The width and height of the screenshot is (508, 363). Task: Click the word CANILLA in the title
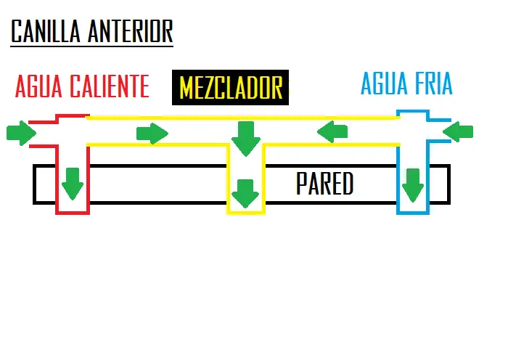[45, 31]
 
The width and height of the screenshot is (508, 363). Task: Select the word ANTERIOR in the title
[130, 31]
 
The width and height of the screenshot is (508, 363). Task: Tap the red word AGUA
[38, 86]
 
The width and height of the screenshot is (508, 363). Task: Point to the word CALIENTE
[110, 86]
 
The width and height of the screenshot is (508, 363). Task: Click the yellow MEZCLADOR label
[231, 88]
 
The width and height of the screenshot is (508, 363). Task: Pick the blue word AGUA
[384, 83]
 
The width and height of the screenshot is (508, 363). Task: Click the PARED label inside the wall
[324, 184]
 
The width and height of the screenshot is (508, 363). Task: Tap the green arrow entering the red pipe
[21, 133]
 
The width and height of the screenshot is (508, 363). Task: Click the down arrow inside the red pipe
[73, 184]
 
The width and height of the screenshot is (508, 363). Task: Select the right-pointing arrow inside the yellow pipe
[152, 133]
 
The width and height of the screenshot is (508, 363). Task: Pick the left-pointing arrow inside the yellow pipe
[332, 132]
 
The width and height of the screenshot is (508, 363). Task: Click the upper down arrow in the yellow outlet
[246, 139]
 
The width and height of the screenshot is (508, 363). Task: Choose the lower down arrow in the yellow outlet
[245, 194]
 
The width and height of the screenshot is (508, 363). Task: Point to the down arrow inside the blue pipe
[413, 185]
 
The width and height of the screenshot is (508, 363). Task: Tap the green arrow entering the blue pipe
[458, 132]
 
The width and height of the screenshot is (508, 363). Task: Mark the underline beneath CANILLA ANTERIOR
[91, 46]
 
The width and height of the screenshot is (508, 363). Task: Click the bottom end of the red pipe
[73, 213]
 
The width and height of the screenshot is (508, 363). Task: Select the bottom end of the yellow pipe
[246, 213]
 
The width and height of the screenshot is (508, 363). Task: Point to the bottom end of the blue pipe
[413, 213]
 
